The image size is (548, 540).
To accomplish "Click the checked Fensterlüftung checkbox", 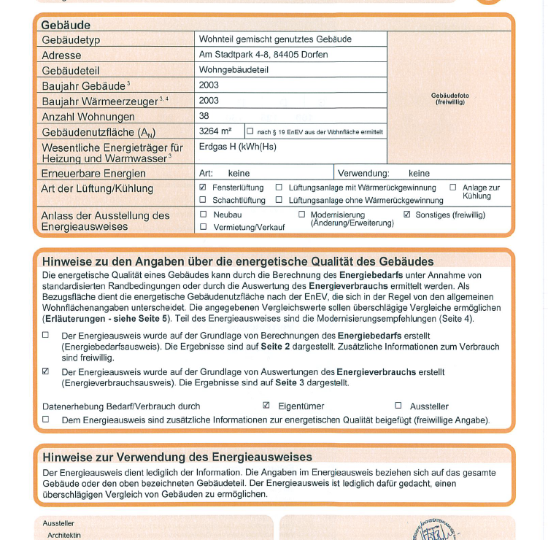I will pos(203,188).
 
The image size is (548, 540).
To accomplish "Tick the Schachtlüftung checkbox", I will pos(203,200).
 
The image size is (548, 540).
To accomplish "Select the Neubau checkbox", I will pos(203,215).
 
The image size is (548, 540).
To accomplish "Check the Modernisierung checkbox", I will pos(302,215).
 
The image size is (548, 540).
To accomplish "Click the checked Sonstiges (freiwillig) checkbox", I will pos(407,215).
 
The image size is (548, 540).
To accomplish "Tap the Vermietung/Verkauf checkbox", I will pos(203,227).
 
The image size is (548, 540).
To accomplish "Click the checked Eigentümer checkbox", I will pos(266,405).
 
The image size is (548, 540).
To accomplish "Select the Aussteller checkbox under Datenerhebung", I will pos(398,405).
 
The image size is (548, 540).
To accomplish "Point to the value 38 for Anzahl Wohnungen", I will pos(204,116).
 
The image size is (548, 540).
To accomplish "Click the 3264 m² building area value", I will pos(215,131).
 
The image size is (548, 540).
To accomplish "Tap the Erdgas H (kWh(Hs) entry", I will pos(237,147).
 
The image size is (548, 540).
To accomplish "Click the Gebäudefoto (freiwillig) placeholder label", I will pos(449,99).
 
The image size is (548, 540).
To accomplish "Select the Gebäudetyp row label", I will pos(72,39).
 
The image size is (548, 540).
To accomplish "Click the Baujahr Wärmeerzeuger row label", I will pos(100,101).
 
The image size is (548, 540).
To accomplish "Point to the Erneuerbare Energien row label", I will pos(93,174).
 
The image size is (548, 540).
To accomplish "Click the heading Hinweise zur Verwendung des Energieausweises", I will pos(177,458).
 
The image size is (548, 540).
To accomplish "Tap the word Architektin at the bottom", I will pos(64,535).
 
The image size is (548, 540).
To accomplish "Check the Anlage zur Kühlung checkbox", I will pos(452,188).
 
